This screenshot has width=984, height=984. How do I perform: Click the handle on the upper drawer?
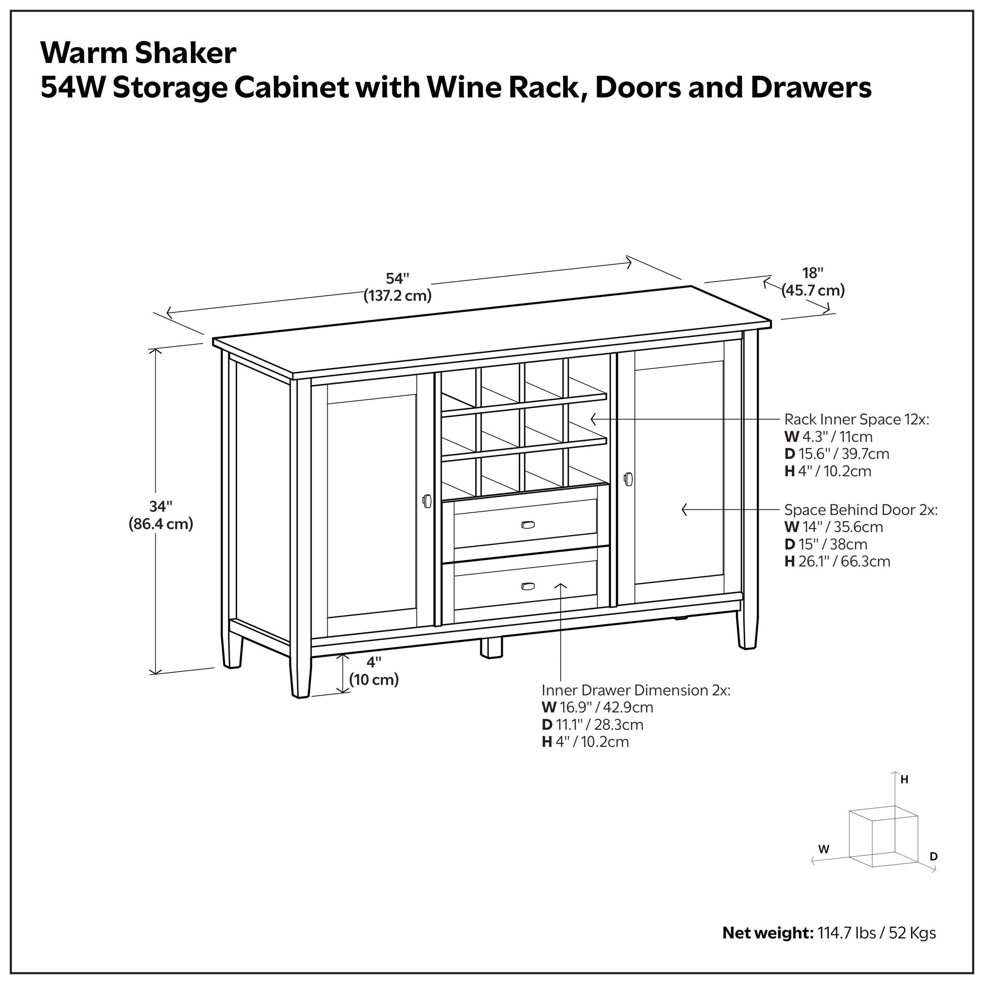(x=528, y=525)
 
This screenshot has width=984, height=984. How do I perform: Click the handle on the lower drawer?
(x=528, y=586)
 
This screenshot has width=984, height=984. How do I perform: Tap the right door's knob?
(x=628, y=479)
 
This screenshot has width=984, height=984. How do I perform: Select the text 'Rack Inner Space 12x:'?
(x=857, y=419)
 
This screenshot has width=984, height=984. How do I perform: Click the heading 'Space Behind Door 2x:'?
(x=861, y=510)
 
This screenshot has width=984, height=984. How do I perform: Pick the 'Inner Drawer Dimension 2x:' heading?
(x=636, y=690)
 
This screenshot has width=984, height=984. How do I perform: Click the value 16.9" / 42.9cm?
(x=606, y=707)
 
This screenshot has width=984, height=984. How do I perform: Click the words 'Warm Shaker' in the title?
(x=138, y=53)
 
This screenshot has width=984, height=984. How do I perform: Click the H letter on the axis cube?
(x=905, y=780)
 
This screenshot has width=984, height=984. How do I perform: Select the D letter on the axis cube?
(x=934, y=857)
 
